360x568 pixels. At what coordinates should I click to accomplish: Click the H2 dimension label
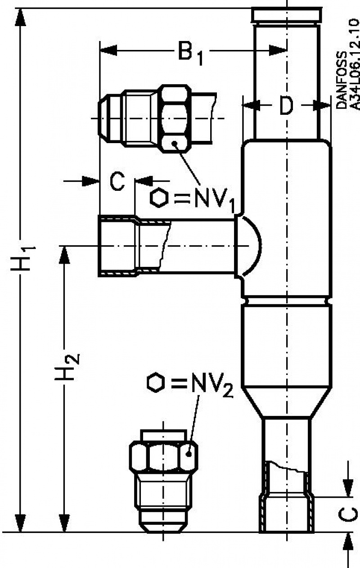[67, 366]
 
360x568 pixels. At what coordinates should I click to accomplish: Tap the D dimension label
[285, 106]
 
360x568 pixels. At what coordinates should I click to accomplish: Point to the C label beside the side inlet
[117, 182]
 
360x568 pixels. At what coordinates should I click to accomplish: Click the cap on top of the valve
[287, 15]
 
